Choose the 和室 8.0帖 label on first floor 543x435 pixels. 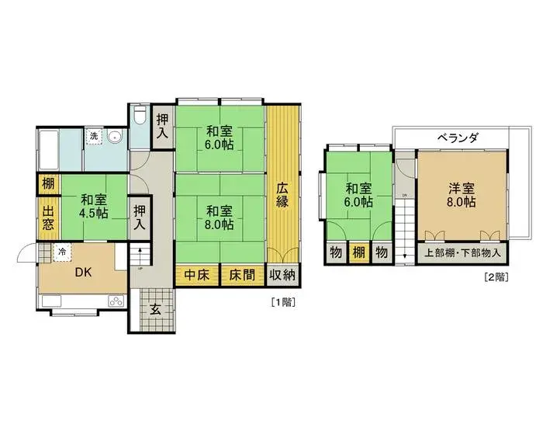[x=220, y=217]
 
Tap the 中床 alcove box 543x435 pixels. [x=197, y=275]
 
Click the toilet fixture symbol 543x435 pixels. [x=140, y=117]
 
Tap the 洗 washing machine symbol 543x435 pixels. [x=94, y=137]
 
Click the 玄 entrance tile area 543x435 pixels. [x=155, y=309]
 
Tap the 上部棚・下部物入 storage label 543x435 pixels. [x=463, y=253]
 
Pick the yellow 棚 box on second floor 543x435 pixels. [x=358, y=253]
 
